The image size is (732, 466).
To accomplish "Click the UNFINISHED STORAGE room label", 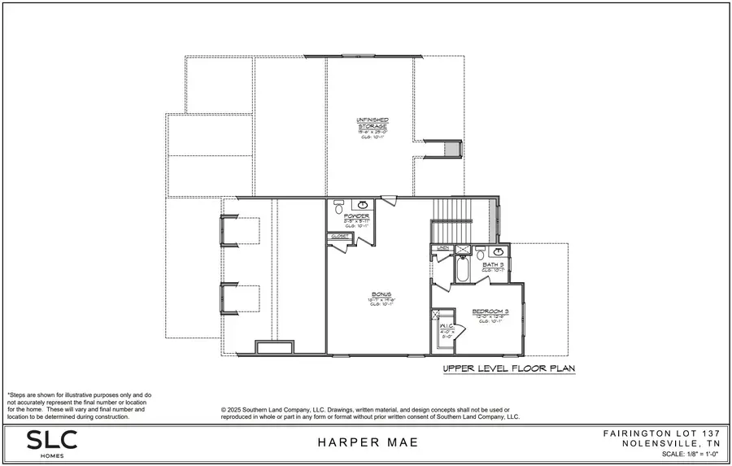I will coord(372,124).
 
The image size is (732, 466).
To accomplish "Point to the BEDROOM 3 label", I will coord(490,311).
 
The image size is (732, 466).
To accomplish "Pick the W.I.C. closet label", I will coord(447,325).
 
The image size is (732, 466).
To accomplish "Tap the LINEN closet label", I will coord(443,247).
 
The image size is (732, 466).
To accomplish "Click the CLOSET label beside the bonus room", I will coord(340,236).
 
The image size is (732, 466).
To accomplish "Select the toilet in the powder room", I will coord(338,208).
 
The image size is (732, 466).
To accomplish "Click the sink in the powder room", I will coord(364,203).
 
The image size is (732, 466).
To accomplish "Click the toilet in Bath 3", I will coord(480,251).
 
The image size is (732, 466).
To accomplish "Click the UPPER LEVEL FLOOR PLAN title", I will coord(509,368).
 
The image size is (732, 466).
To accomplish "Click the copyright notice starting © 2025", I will coord(370,413).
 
